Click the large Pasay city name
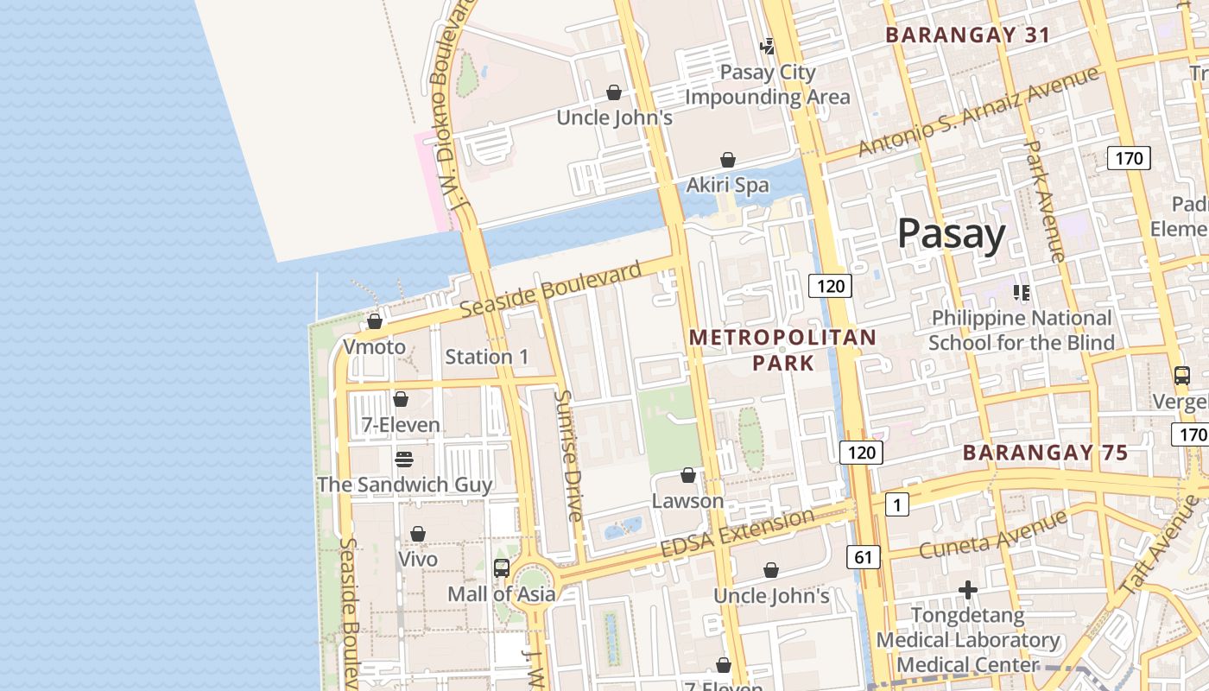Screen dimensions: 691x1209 (x=951, y=234)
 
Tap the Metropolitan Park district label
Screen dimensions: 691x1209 (x=783, y=350)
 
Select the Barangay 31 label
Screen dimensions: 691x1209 (x=968, y=35)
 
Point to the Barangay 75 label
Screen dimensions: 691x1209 (x=1045, y=453)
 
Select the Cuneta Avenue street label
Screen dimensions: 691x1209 (x=993, y=534)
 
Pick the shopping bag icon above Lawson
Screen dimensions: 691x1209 (x=688, y=475)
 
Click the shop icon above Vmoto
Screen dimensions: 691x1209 (x=375, y=321)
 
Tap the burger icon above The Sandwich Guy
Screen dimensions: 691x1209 (x=403, y=459)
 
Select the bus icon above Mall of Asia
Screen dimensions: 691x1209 (x=501, y=567)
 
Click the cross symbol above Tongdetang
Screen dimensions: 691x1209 (x=968, y=590)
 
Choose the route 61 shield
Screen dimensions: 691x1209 (x=864, y=558)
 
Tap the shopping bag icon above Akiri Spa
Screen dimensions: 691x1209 (x=728, y=160)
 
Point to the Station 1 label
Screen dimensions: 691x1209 (x=486, y=357)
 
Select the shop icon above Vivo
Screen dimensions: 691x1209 (x=418, y=534)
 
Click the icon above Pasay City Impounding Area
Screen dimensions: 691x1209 (x=767, y=46)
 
